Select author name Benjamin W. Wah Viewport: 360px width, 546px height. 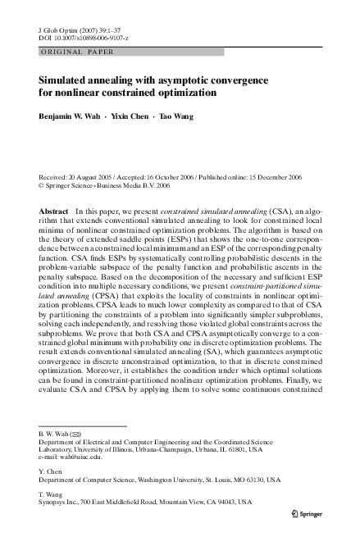(72, 116)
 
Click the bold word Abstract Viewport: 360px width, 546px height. (54, 212)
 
